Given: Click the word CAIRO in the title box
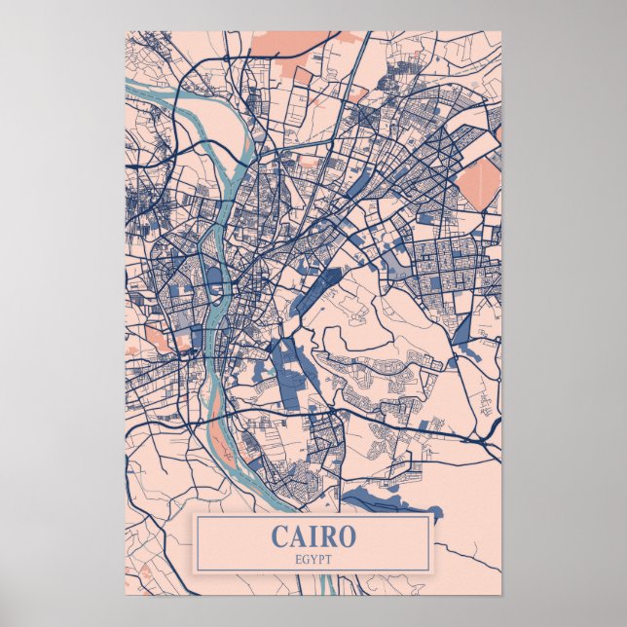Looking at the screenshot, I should (313, 535).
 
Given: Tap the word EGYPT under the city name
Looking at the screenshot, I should (313, 558).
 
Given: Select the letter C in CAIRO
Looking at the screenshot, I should (279, 535).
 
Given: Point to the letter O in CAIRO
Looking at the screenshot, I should (347, 535).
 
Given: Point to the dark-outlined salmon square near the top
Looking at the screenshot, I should (303, 75).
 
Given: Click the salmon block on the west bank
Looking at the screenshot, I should (157, 340).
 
